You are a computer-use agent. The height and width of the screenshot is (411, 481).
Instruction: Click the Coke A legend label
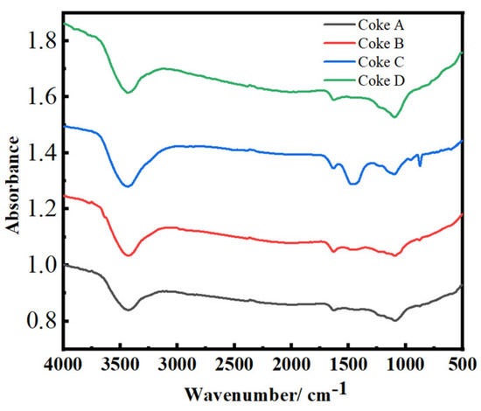(x=381, y=23)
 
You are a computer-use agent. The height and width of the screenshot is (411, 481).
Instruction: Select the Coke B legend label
(x=381, y=42)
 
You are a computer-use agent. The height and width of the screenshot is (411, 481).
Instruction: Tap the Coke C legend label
(x=381, y=61)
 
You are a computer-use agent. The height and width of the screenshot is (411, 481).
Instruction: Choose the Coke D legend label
(x=381, y=80)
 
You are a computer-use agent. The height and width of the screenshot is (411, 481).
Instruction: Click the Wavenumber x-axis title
(x=262, y=391)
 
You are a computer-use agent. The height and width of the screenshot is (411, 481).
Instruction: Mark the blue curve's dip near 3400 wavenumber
(x=129, y=186)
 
